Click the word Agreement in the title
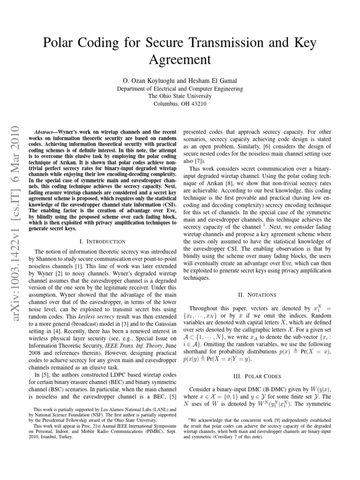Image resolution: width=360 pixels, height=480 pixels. (180, 59)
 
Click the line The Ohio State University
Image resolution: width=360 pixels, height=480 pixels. (180, 96)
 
